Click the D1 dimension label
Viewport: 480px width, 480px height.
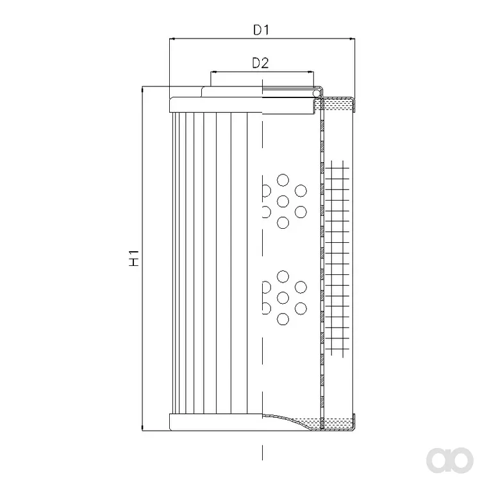(x=261, y=29)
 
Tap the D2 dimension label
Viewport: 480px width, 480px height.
(x=261, y=63)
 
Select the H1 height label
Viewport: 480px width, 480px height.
(x=134, y=258)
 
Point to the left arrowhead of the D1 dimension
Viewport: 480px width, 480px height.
(x=172, y=39)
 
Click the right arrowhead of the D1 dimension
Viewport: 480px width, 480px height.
(x=352, y=39)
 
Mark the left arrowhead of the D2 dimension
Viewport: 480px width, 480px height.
(x=213, y=72)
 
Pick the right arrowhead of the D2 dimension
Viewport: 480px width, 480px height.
(x=311, y=72)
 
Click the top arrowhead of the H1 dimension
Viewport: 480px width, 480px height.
(x=142, y=89)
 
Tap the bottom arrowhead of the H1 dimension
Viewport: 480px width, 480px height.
(x=142, y=428)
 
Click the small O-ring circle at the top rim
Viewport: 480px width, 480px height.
(x=316, y=92)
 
